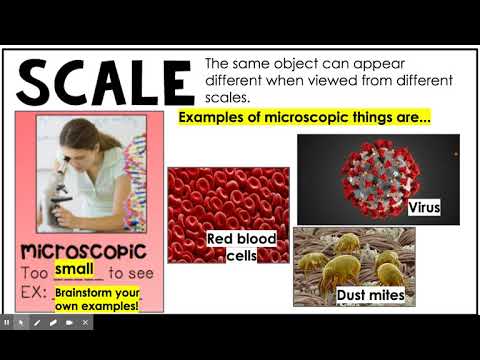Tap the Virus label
tap(424, 208)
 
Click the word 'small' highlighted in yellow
tap(74, 269)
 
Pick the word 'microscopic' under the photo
tap(82, 250)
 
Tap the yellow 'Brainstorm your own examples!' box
tap(97, 297)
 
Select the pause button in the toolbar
tap(7, 323)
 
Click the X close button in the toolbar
tap(85, 323)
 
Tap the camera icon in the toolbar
tap(69, 323)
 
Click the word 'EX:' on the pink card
tap(36, 294)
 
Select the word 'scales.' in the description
tap(230, 98)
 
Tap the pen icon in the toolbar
tap(37, 323)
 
